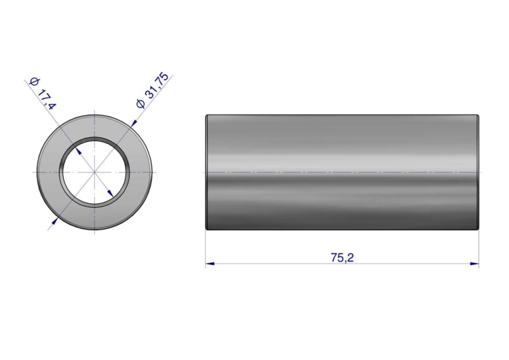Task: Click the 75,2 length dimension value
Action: pos(342,257)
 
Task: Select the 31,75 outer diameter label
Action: pos(157,86)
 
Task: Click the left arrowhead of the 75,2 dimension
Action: pos(210,264)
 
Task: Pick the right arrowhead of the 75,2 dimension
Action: pos(474,264)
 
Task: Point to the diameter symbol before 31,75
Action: pos(140,104)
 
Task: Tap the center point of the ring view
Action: pos(94,172)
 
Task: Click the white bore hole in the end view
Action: pos(94,173)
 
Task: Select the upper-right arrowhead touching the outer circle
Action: pos(134,123)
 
